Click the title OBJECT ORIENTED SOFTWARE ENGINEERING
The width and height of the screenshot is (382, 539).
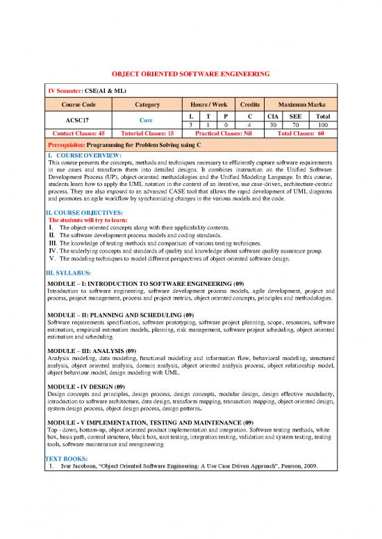coord(191,74)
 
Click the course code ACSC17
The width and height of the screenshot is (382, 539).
coord(78,119)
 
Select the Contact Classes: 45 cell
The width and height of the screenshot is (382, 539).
coord(78,132)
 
